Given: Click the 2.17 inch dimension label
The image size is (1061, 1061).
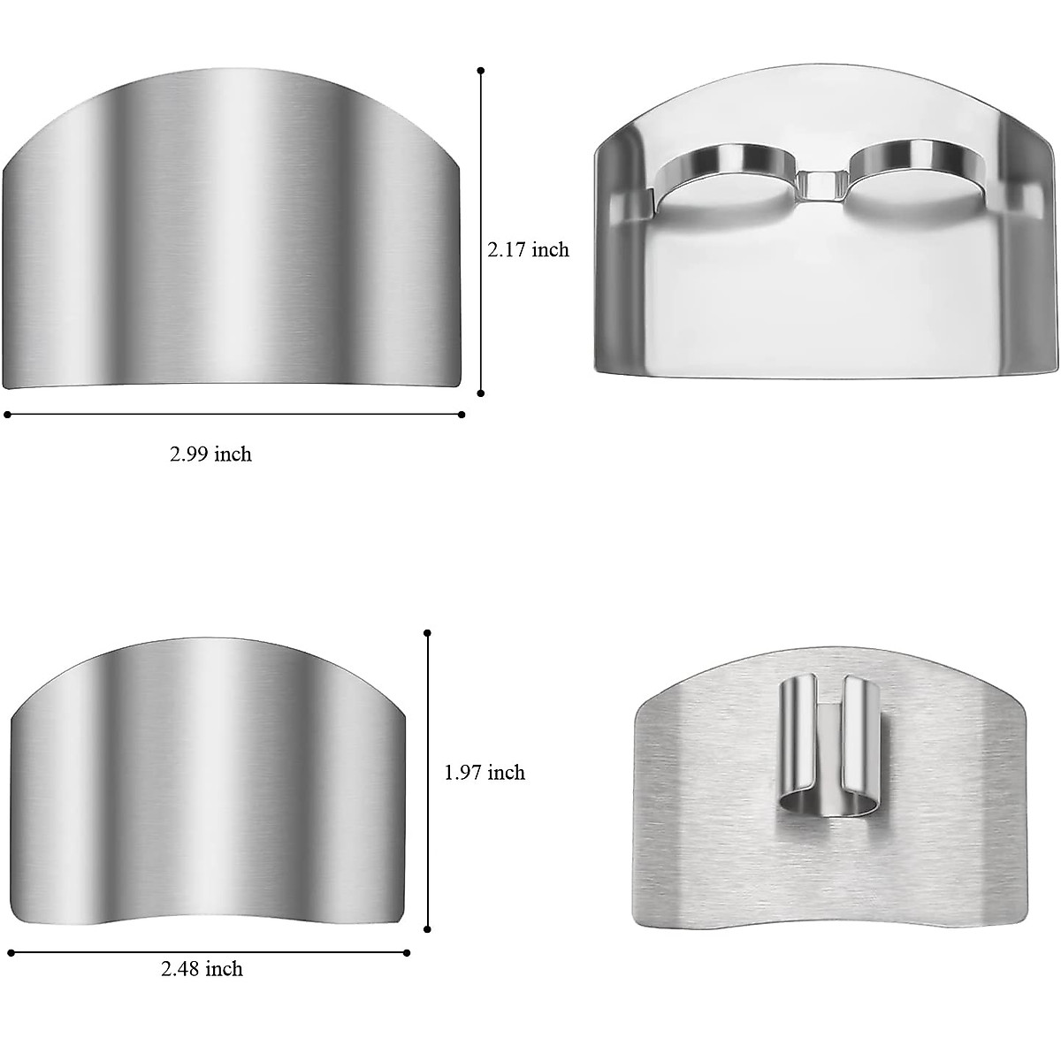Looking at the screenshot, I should [528, 249].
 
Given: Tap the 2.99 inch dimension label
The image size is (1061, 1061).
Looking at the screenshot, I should [210, 454].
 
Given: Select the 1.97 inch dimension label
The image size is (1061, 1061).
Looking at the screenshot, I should [484, 773].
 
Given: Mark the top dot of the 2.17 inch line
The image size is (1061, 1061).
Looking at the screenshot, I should [480, 70].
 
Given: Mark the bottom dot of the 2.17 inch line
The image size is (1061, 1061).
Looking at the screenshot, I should [480, 393].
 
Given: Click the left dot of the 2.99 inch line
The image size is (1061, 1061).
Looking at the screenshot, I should [7, 414].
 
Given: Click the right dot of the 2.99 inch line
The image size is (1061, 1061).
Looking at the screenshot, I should [462, 414].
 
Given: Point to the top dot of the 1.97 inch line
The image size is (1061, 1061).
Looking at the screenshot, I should [428, 632].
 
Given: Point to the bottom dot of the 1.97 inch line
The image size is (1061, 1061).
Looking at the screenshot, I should [428, 929].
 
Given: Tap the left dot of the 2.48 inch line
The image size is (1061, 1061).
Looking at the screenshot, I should [11, 952].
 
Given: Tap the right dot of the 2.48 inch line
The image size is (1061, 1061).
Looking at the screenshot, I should [407, 952].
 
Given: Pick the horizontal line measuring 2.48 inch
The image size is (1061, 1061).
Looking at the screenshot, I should [209, 952].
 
